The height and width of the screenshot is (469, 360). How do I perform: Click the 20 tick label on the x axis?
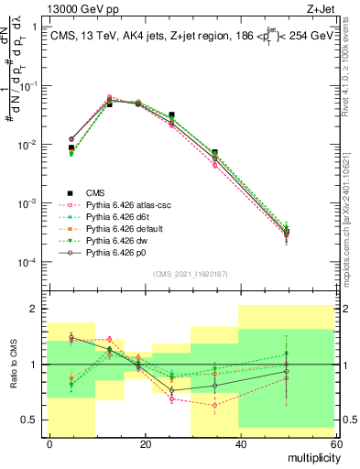pyautogui.click(x=145, y=443)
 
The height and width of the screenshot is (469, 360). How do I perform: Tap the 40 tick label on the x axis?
pyautogui.click(x=240, y=443)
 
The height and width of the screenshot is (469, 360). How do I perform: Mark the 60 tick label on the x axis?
pyautogui.click(x=335, y=443)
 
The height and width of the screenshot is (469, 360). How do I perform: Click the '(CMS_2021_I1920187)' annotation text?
pyautogui.click(x=191, y=273)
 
